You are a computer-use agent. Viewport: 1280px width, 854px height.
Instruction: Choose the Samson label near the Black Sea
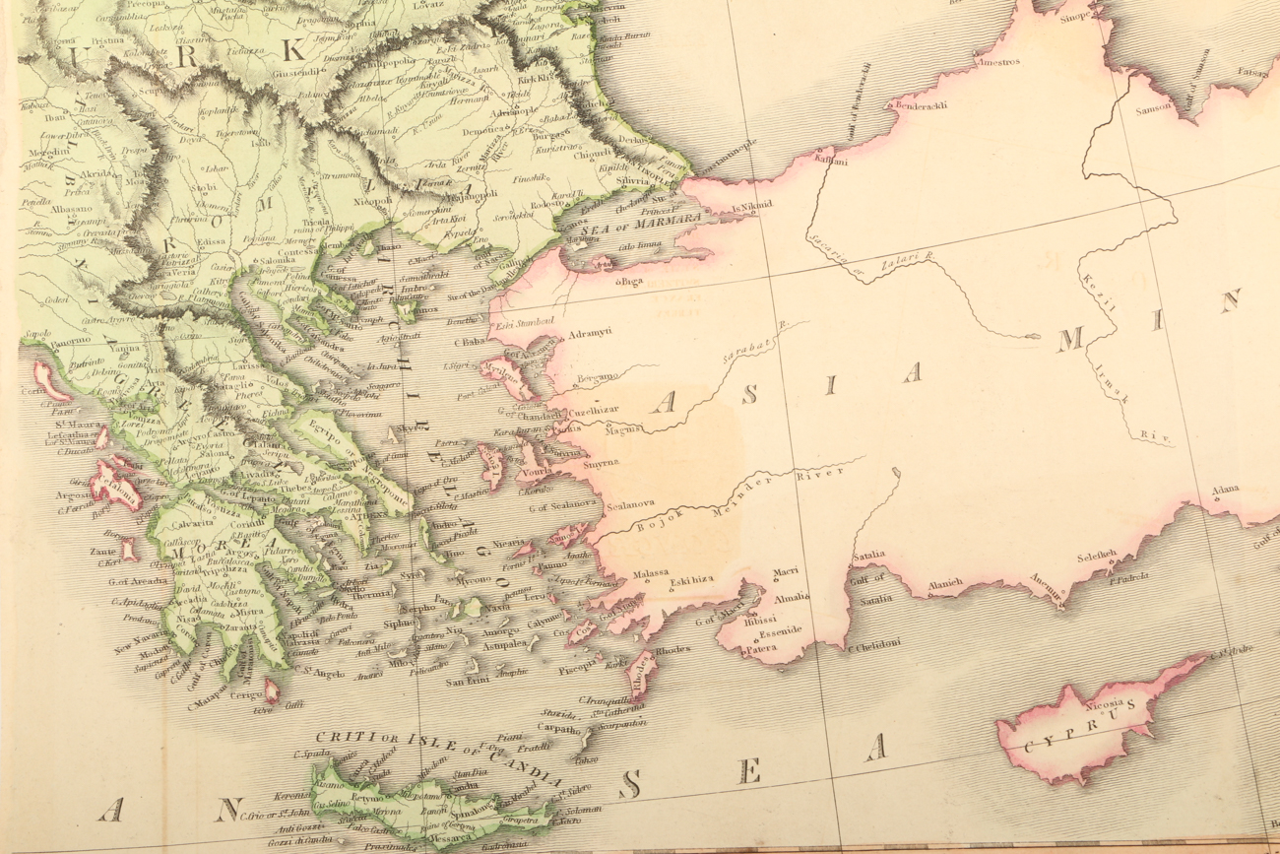click(x=1154, y=106)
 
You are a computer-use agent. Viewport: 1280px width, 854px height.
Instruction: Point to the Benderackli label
click(x=919, y=105)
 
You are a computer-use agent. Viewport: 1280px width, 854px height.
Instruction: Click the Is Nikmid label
click(x=754, y=206)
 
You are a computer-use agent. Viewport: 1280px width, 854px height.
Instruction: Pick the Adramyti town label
click(x=591, y=332)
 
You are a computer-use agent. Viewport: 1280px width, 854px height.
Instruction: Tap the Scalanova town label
click(x=630, y=503)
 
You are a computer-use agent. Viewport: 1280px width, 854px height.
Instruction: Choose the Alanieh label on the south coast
click(x=944, y=583)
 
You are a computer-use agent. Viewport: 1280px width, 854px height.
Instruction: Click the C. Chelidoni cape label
click(x=870, y=646)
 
